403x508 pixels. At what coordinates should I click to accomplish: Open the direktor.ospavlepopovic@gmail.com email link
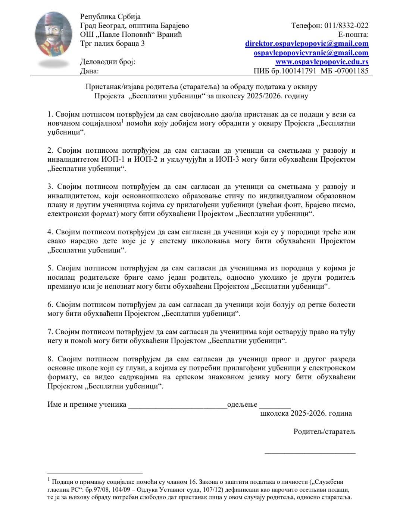[x=307, y=44]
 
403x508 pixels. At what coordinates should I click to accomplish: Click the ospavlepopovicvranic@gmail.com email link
[x=311, y=53]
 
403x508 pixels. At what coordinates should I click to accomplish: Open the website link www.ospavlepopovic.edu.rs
[x=322, y=62]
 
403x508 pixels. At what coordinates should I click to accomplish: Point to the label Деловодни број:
[x=107, y=62]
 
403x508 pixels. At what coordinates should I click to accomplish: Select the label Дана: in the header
[x=89, y=71]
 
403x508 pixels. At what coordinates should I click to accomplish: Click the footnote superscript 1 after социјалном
[x=122, y=121]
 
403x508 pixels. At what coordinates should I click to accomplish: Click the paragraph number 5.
[x=50, y=268]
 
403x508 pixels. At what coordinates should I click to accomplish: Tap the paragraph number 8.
[x=50, y=359]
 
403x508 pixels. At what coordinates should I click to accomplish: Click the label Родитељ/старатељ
[x=324, y=432]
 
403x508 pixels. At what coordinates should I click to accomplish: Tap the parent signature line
[x=310, y=453]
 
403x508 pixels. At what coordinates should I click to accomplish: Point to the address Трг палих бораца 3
[x=112, y=44]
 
